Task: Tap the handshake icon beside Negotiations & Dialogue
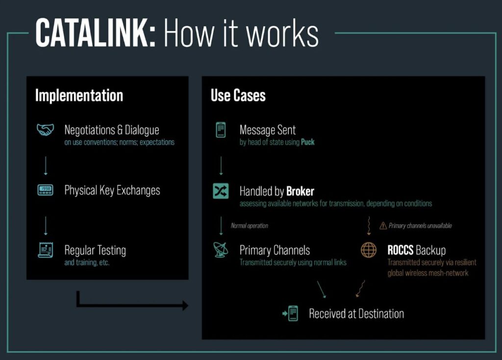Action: [x=46, y=130]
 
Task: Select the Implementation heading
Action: [x=79, y=95]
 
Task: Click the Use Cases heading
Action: [x=238, y=95]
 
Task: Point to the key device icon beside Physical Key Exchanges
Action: [x=46, y=190]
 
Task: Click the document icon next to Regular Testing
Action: [x=46, y=250]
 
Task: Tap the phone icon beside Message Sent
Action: [x=221, y=130]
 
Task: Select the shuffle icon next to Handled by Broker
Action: [x=221, y=191]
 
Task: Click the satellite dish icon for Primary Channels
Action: [x=221, y=250]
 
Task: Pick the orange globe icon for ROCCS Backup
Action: [x=368, y=250]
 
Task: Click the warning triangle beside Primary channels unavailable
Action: [x=383, y=226]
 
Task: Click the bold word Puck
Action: [x=308, y=142]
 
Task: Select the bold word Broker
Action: [x=300, y=191]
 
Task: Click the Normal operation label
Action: [x=250, y=226]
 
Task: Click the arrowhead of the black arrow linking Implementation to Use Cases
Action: [x=185, y=306]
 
